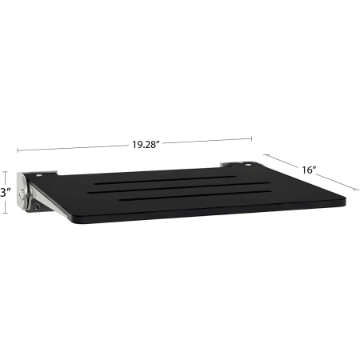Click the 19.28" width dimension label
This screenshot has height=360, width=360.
[x=146, y=145]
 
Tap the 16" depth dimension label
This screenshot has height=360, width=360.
[x=309, y=170]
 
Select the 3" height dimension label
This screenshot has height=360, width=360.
[x=5, y=193]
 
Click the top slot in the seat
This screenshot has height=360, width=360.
[x=165, y=180]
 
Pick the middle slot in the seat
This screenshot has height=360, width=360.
[x=178, y=187]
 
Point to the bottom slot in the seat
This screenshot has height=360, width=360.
[x=195, y=195]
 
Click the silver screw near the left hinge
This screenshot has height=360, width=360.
[x=39, y=175]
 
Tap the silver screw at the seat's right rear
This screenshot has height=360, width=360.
[x=248, y=165]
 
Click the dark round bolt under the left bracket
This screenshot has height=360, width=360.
[x=36, y=207]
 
